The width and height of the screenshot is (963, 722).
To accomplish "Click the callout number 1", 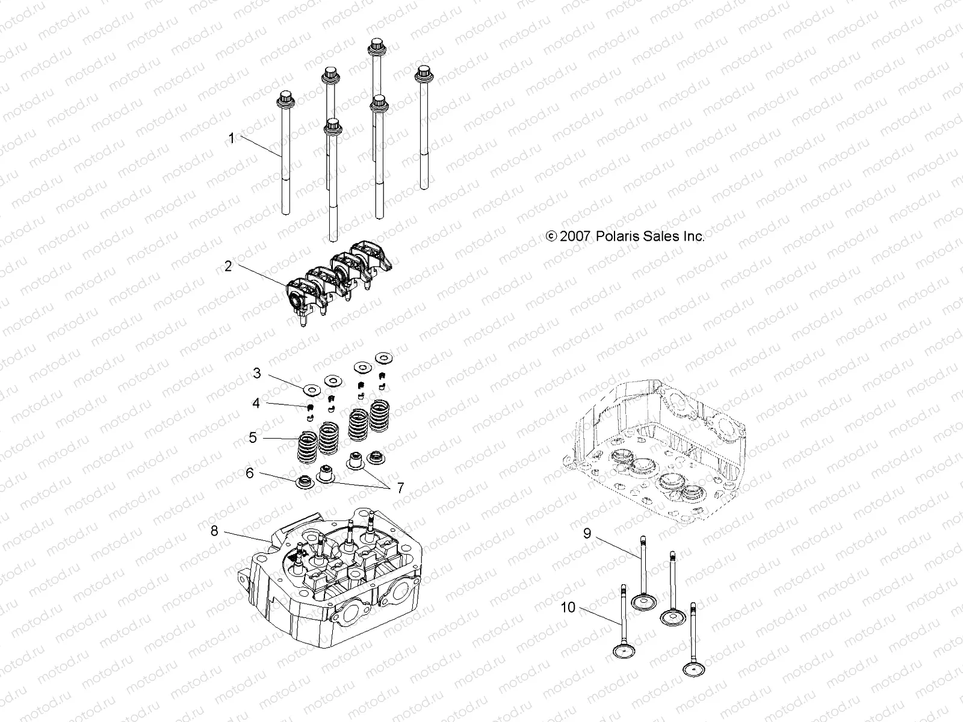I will [x=231, y=138].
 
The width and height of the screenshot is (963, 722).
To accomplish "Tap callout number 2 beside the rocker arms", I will [x=228, y=265].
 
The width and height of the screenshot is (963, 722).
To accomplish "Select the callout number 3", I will [x=257, y=374].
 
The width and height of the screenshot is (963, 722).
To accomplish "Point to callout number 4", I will [x=256, y=403].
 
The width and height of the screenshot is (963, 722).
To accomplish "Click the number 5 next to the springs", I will [x=253, y=437].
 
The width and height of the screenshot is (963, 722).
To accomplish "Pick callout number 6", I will [x=250, y=474].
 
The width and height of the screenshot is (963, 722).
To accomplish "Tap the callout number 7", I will [x=400, y=488].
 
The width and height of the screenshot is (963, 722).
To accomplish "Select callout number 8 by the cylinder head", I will [x=214, y=531].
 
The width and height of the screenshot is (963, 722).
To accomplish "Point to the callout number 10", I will [x=568, y=608].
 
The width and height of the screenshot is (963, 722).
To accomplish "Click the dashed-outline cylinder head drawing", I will [x=662, y=451].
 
